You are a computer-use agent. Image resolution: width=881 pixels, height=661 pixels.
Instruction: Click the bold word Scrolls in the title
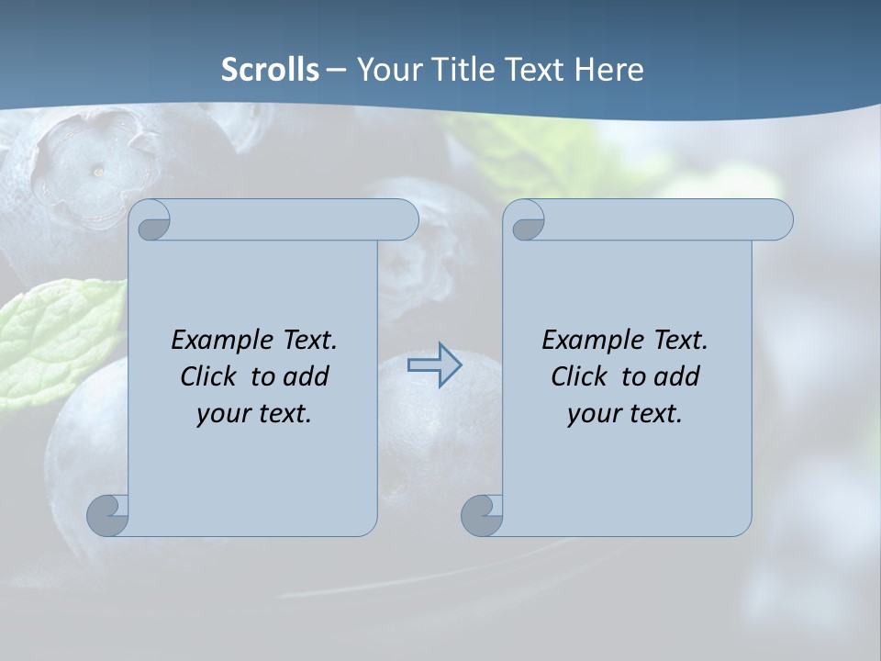click(x=271, y=69)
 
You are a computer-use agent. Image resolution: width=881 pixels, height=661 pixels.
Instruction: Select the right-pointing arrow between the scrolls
click(x=435, y=365)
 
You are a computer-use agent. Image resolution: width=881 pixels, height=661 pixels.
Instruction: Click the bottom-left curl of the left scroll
click(x=107, y=515)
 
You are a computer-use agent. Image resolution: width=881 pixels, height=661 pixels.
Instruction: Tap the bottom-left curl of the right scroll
click(x=482, y=515)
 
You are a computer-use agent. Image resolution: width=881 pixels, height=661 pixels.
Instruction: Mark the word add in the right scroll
click(x=678, y=376)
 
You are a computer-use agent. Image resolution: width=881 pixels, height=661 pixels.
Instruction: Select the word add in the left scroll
click(x=307, y=376)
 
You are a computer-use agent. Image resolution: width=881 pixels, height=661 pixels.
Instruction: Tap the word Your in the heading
click(x=385, y=69)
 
